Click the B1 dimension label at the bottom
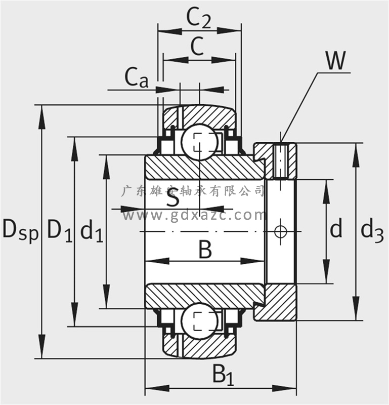[x=223, y=375]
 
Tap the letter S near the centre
[x=173, y=199]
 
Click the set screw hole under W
[x=281, y=161]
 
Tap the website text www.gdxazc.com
[x=194, y=216]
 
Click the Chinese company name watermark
[x=194, y=191]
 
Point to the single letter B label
[x=204, y=250]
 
